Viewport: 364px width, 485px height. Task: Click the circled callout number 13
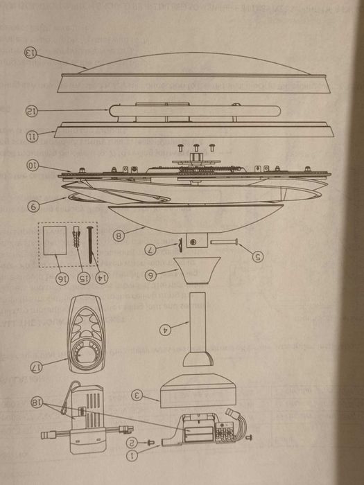pyautogui.click(x=30, y=53)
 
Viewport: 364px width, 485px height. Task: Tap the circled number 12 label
pyautogui.click(x=30, y=110)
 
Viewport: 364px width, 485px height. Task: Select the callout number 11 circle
pyautogui.click(x=30, y=136)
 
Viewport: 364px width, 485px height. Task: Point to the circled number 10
pyautogui.click(x=31, y=166)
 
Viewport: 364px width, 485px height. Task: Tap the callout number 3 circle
pyautogui.click(x=137, y=396)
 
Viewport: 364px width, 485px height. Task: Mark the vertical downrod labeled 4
pyautogui.click(x=197, y=322)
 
